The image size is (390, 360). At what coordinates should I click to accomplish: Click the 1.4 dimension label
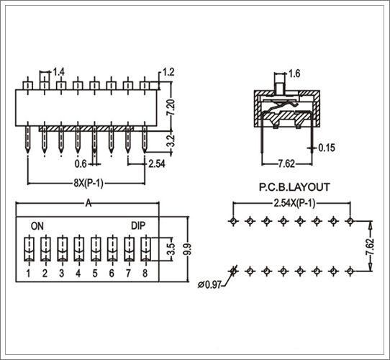coord(58,72)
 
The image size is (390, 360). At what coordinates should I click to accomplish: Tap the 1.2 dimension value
coord(168,72)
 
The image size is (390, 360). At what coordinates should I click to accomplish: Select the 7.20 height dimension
coord(171,107)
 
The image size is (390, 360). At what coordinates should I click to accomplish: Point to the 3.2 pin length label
coord(171,140)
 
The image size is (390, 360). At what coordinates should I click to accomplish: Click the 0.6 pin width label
coord(81,164)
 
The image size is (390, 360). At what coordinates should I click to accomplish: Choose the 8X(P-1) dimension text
coord(89,184)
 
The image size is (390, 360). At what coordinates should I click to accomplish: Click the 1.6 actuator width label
coord(294,73)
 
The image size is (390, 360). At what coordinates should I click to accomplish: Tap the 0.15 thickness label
coord(327,148)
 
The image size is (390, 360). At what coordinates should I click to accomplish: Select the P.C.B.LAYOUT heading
coord(294,187)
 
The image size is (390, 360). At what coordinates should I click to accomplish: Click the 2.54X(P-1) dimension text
coord(294,204)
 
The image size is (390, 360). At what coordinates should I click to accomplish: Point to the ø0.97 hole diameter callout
coord(209,284)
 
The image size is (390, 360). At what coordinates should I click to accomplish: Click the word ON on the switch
coord(37,226)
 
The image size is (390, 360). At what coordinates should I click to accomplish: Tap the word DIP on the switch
coord(138,225)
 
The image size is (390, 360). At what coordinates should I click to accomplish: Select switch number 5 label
coord(95,274)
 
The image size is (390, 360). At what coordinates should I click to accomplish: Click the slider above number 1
coord(29,249)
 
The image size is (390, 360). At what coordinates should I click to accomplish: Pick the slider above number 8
coord(146,249)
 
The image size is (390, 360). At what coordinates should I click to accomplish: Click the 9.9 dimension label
coord(188,249)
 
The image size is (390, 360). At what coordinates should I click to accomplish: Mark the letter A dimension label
coord(89,204)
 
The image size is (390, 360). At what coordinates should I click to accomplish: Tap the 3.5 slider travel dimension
coord(171,249)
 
